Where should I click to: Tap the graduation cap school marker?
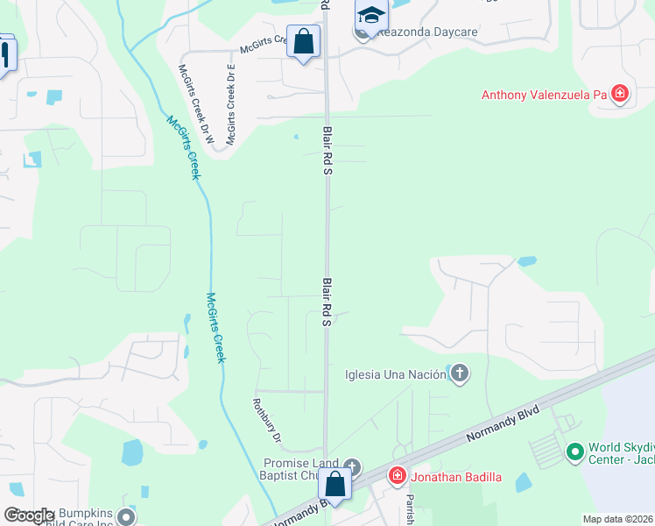[371, 15]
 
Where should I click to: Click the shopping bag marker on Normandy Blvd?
[335, 483]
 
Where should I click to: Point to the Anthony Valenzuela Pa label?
[545, 94]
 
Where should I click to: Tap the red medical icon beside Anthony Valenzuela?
[621, 94]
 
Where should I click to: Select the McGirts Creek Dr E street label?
[231, 103]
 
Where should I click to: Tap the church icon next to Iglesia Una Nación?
[459, 375]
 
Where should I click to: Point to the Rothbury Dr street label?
[264, 421]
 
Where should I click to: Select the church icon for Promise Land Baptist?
[352, 466]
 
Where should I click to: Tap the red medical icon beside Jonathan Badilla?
[398, 476]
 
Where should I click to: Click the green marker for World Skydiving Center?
[574, 452]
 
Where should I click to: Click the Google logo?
[28, 515]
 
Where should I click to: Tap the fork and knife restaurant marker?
[4, 54]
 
